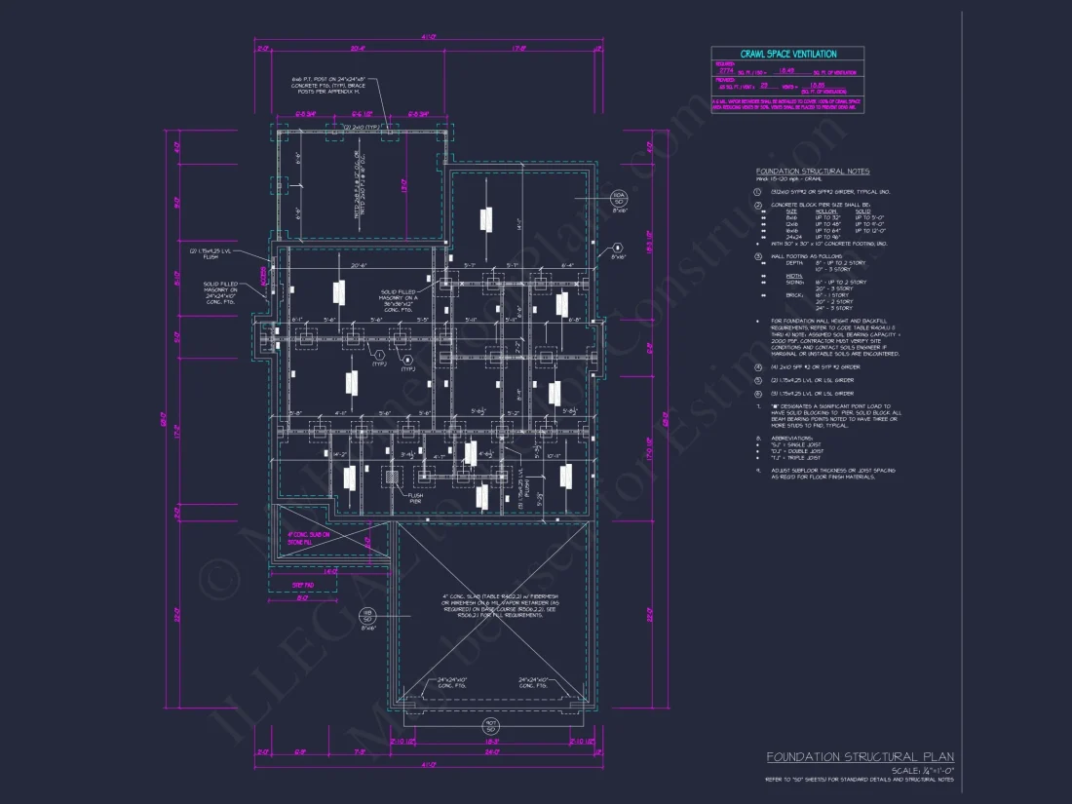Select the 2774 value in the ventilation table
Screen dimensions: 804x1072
[x=726, y=71]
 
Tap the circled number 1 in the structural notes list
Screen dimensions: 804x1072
[x=758, y=192]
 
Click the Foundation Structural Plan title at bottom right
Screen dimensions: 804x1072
[x=860, y=757]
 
